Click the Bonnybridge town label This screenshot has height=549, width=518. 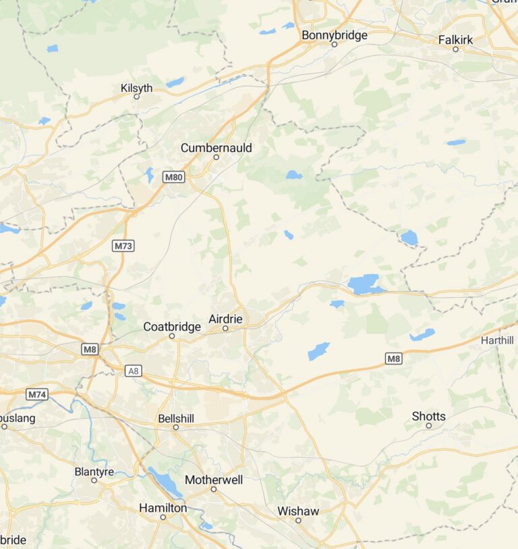(335, 34)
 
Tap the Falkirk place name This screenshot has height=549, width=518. (455, 40)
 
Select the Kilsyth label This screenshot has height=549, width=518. (136, 88)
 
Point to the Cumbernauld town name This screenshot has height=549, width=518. (216, 147)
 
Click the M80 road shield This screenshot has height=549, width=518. (173, 177)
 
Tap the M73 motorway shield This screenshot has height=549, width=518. (123, 246)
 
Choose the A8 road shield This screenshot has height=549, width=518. (134, 370)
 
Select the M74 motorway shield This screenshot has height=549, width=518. (38, 394)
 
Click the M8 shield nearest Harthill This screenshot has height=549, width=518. (394, 359)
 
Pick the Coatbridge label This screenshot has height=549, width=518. (172, 327)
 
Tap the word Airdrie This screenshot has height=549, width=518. (225, 319)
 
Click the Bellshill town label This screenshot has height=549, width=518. (175, 419)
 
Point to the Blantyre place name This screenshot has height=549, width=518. (94, 472)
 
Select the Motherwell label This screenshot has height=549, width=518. (213, 479)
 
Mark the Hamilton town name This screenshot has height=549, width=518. (163, 508)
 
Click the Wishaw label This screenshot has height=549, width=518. (298, 511)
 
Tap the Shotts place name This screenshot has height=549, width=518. (428, 417)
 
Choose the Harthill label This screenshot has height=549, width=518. (498, 341)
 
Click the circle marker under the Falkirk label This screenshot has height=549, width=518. (455, 49)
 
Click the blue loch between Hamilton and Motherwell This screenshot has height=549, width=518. (166, 482)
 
